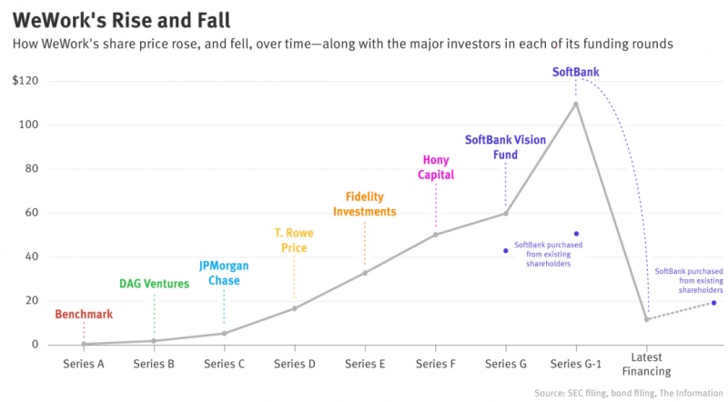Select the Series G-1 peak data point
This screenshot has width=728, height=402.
pyautogui.click(x=576, y=104)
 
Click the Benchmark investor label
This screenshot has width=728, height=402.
pyautogui.click(x=84, y=315)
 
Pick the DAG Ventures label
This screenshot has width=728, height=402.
pyautogui.click(x=154, y=284)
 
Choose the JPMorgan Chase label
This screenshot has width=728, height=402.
pyautogui.click(x=224, y=273)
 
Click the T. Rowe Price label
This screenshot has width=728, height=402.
pyautogui.click(x=294, y=240)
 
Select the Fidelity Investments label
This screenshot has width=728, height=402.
pyautogui.click(x=364, y=204)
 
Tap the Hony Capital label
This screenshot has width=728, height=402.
pyautogui.click(x=436, y=167)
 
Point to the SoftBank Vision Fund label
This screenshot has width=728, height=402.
pyautogui.click(x=505, y=147)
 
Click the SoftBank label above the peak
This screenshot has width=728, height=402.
pyautogui.click(x=576, y=72)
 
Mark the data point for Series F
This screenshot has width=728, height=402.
pyautogui.click(x=436, y=235)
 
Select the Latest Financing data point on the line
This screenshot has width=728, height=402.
pyautogui.click(x=646, y=319)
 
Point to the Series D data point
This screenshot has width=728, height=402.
pyautogui.click(x=294, y=308)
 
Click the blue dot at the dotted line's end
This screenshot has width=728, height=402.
pyautogui.click(x=714, y=303)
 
